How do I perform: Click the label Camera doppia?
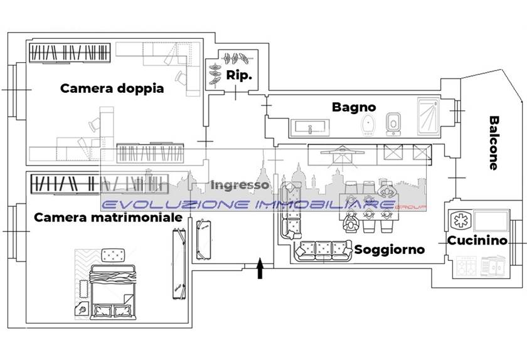pos(112,88)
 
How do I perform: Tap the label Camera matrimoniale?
pos(108,218)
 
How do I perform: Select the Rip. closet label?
pos(239,76)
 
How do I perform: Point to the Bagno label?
pos(354,107)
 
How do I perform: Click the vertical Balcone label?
pos(494,143)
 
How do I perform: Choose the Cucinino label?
pos(477,240)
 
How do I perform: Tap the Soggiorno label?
pos(390,250)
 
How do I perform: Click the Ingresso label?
pos(240,185)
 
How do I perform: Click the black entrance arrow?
pos(260,269)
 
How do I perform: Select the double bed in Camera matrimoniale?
pos(113,290)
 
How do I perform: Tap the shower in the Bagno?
pos(429,116)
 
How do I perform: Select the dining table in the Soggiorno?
pos(368,204)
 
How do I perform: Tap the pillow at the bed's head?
pos(114,255)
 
